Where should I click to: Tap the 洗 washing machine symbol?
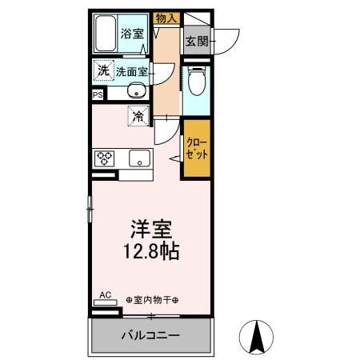coord(102,70)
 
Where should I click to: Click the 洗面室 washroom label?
coord(130,71)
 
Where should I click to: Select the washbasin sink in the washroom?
coord(135,90)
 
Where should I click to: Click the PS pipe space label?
coord(98,95)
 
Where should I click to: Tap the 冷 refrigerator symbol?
coord(138,117)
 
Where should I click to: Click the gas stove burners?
coord(104,158)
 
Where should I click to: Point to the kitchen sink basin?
coord(139,158)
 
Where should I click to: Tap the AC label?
coord(105,294)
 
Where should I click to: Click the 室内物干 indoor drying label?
coord(152,300)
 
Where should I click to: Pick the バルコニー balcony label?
coord(151,335)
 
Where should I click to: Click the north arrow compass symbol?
coord(258,336)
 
